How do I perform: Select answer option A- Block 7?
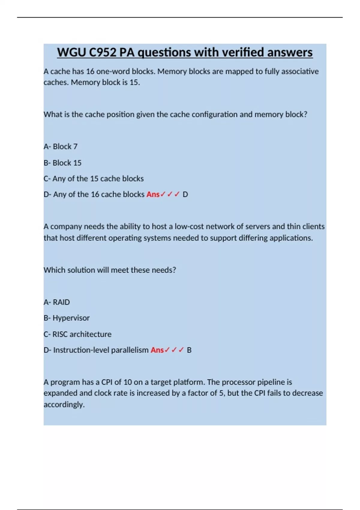61,146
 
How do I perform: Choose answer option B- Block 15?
62,163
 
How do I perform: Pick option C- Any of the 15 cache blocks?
94,178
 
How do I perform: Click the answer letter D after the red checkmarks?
185,194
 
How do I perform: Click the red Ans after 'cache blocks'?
153,194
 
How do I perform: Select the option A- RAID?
57,302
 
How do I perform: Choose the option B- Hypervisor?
67,318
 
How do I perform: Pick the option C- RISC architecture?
77,334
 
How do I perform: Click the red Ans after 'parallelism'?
157,350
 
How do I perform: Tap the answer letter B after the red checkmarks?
189,350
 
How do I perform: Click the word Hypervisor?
71,318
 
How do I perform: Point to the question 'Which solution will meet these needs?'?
110,270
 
